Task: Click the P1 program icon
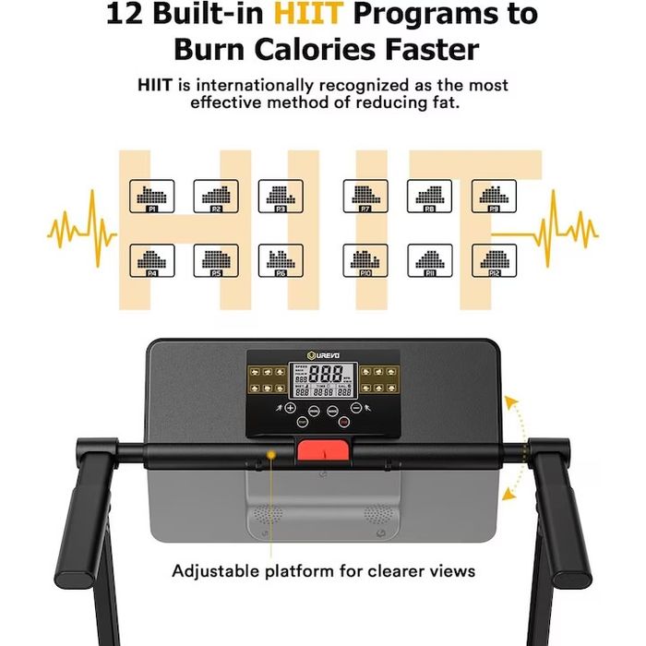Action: pyautogui.click(x=151, y=197)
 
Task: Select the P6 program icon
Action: pyautogui.click(x=281, y=261)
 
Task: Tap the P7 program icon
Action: pyautogui.click(x=365, y=197)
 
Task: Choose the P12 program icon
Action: pyautogui.click(x=495, y=261)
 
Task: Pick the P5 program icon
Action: pyautogui.click(x=216, y=261)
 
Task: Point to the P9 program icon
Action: pyautogui.click(x=495, y=197)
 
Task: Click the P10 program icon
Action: pyautogui.click(x=365, y=261)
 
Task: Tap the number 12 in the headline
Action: pyautogui.click(x=126, y=15)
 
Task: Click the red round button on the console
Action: pyautogui.click(x=343, y=422)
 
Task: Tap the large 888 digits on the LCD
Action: pyautogui.click(x=329, y=375)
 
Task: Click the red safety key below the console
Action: pyautogui.click(x=323, y=452)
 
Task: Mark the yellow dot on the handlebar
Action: pyautogui.click(x=270, y=453)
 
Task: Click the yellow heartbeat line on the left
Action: pyautogui.click(x=81, y=228)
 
